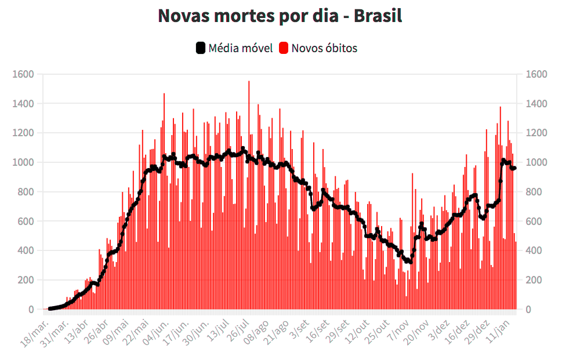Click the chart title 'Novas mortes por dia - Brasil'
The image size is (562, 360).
point(280,16)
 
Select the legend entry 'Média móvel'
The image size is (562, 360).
point(240,48)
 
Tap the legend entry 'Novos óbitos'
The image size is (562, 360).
point(324,48)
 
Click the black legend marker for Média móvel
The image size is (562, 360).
point(201,48)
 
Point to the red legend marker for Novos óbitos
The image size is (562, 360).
point(284,48)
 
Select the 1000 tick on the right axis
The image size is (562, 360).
point(536,162)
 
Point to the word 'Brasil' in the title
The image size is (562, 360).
point(378,16)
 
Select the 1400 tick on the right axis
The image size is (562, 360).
point(536,104)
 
